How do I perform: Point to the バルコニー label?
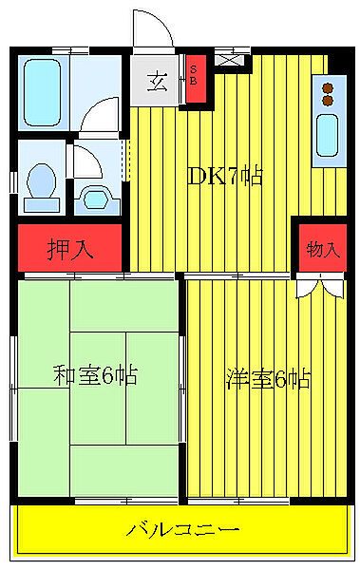(182, 528)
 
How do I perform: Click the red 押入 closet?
(70, 249)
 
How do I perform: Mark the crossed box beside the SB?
(229, 59)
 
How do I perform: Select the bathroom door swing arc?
(99, 122)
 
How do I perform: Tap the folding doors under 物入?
(318, 284)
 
